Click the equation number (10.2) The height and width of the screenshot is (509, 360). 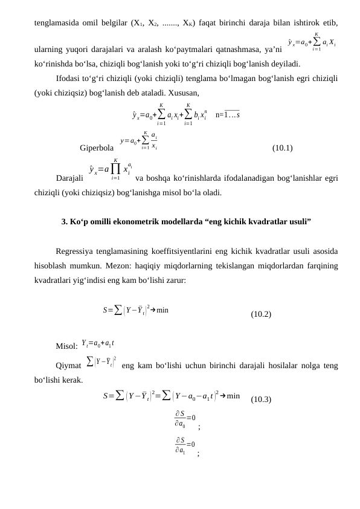coord(261,314)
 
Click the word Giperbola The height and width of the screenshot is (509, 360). coord(97,148)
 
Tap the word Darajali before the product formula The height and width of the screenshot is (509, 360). coord(69,178)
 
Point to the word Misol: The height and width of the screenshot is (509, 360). coord(66,346)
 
